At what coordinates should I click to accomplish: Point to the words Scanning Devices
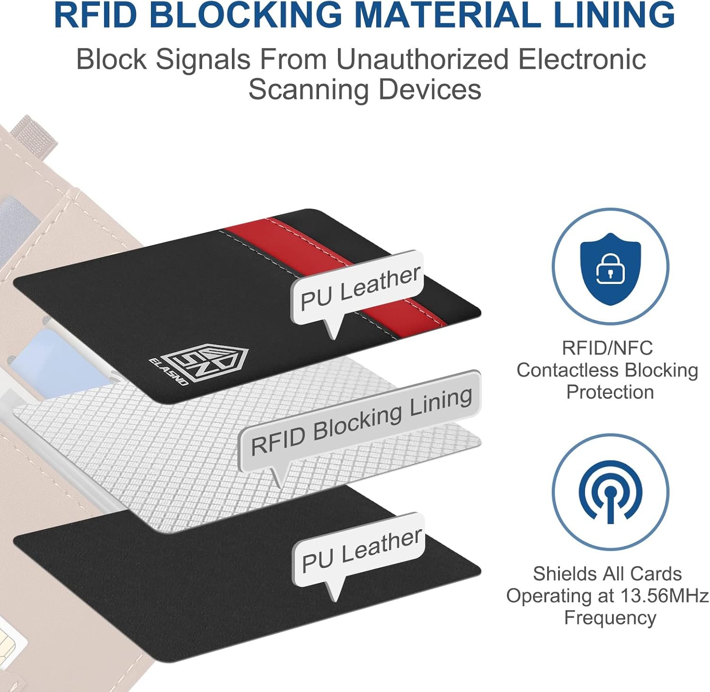pos(364,89)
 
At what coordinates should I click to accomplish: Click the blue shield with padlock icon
pos(610,266)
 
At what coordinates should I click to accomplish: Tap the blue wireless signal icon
pos(610,492)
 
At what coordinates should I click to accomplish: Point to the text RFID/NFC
pos(607,348)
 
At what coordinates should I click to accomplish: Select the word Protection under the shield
pos(610,392)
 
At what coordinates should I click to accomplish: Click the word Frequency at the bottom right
pos(610,618)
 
